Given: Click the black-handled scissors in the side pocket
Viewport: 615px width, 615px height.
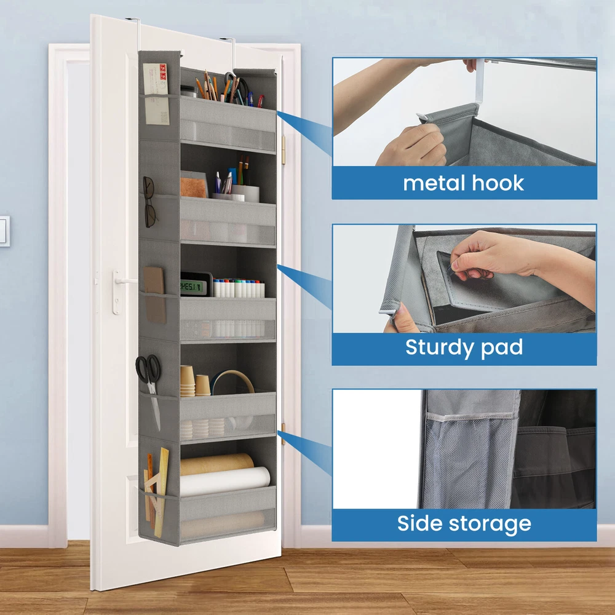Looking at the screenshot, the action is point(149,376).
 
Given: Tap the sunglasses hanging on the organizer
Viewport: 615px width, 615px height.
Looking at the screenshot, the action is point(149,202).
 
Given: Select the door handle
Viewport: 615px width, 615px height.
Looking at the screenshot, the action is point(122,290).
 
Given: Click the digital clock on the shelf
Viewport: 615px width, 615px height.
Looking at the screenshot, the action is point(196,284).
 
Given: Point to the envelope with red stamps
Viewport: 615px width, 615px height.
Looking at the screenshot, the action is point(156,94).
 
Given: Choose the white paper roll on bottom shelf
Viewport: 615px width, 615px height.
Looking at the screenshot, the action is point(224,482).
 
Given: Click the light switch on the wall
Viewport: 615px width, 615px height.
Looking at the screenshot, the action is point(4,231).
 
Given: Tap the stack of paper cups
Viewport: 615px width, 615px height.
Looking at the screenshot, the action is point(188,381).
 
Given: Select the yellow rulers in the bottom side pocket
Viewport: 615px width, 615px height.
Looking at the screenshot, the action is point(156,492).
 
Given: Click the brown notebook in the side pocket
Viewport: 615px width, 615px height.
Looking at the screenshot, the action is point(154,294).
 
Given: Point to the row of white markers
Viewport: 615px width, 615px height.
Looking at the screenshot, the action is point(239,288).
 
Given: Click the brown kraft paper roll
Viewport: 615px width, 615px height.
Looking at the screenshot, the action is point(217,464).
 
